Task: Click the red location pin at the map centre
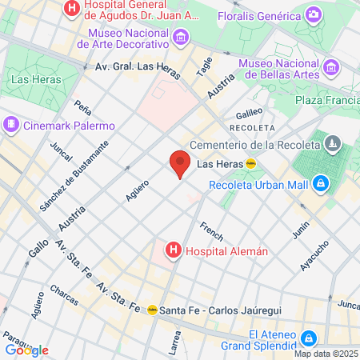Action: coord(180,163)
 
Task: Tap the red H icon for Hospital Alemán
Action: coord(172,251)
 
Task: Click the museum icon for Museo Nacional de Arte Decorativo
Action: coord(182,37)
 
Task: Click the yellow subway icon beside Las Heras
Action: coord(250,164)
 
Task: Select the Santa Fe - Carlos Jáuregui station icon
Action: coord(152,310)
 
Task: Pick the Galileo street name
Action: coord(249,113)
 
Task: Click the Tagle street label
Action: coord(205,66)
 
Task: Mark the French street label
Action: coord(211,230)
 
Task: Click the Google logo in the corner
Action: coord(26,350)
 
